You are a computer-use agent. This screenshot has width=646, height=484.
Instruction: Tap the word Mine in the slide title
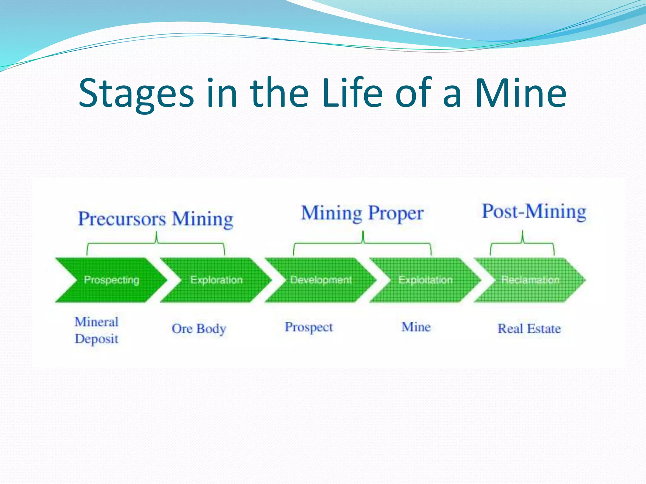[520, 93]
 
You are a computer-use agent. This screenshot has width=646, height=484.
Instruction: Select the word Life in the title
[353, 93]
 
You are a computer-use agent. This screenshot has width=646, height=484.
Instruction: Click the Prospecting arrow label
[112, 280]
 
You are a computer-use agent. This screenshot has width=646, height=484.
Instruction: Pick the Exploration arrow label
[216, 280]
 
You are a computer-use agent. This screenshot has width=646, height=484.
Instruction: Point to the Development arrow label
[321, 280]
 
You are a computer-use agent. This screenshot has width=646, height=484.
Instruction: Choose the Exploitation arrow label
[425, 280]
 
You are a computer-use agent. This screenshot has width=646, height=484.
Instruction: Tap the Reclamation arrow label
[530, 280]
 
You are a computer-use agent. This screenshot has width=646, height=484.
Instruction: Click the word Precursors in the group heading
[122, 219]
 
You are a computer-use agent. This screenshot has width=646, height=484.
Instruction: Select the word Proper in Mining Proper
[396, 213]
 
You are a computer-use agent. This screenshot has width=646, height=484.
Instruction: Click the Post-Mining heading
[534, 211]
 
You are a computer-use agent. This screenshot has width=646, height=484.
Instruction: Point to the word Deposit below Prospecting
[97, 339]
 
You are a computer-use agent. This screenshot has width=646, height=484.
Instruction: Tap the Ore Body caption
[199, 329]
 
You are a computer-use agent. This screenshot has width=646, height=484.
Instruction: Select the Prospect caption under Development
[309, 327]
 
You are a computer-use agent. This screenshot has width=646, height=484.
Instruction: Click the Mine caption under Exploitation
[416, 327]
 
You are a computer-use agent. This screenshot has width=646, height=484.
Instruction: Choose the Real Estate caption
[529, 329]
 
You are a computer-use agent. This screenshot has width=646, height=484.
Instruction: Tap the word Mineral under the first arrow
[97, 322]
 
